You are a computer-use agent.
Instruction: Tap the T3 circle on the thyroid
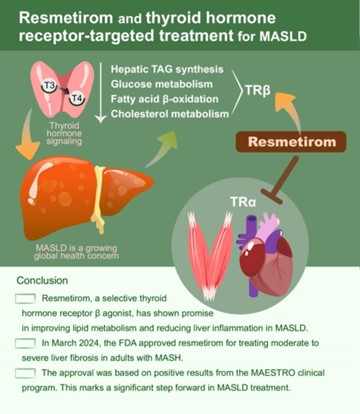pyautogui.click(x=48, y=86)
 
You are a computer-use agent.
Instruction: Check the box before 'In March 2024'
pyautogui.click(x=26, y=342)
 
